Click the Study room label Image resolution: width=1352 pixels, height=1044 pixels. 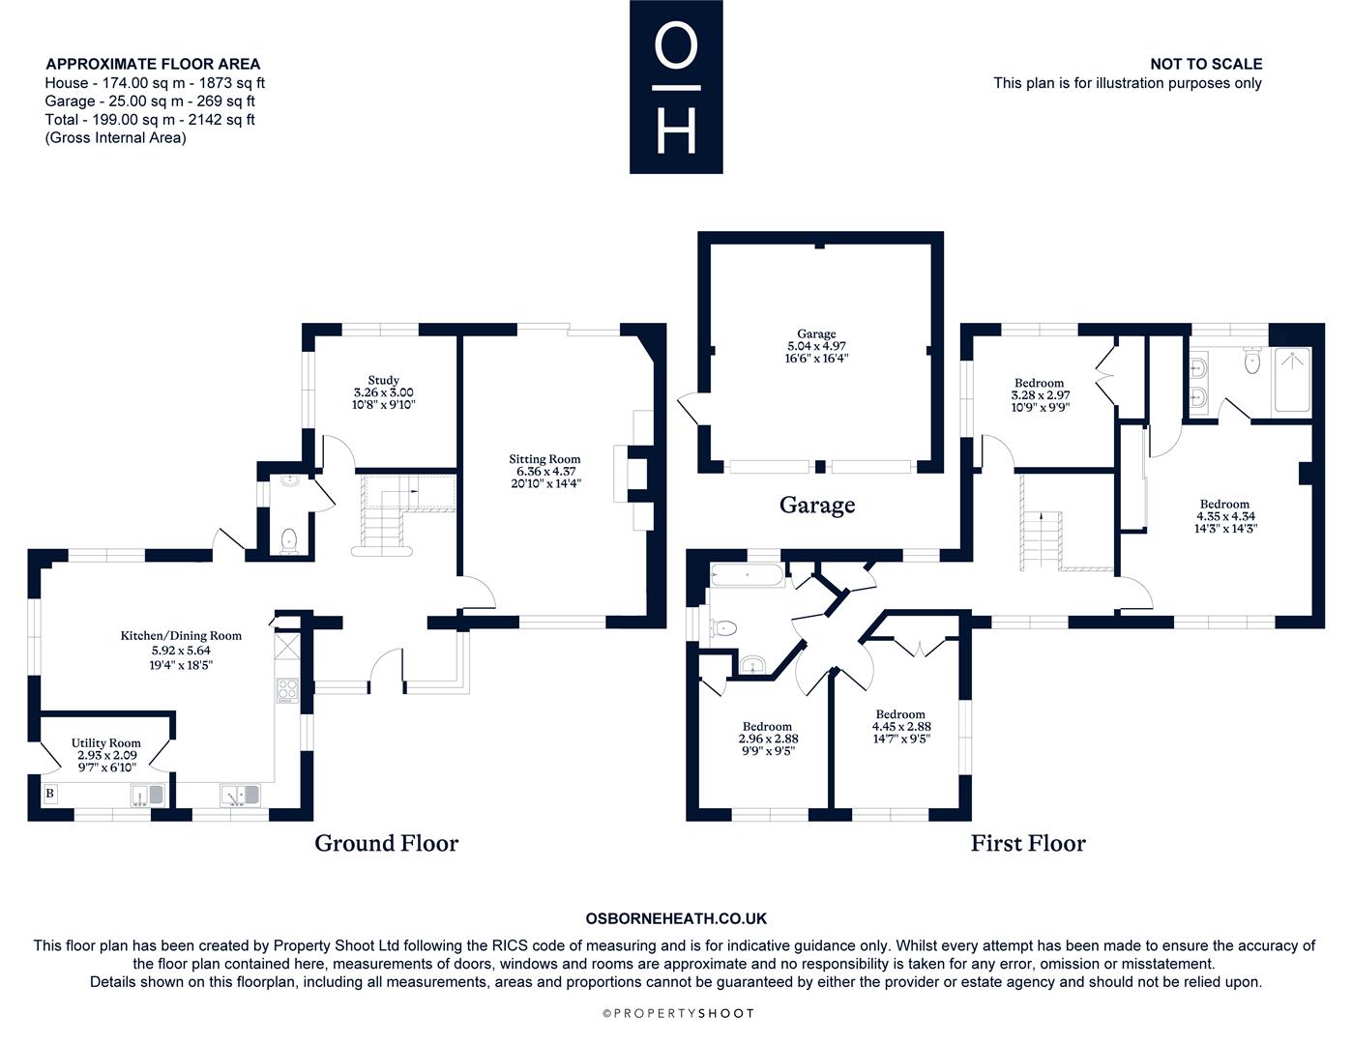[x=383, y=380]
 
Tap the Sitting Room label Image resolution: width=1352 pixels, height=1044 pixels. [x=545, y=459]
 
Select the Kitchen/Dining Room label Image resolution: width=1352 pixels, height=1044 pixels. [x=181, y=636]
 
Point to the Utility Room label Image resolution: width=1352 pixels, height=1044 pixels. [x=106, y=743]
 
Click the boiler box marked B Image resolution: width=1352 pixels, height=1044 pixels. [x=50, y=794]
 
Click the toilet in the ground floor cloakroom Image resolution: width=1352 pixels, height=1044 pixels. [x=287, y=540]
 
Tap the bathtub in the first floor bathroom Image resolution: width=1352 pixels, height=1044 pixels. [x=747, y=576]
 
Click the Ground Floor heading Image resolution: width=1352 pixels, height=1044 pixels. [x=386, y=843]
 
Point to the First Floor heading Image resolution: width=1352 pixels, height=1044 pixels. [x=1028, y=843]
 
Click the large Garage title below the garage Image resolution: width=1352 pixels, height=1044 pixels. [x=817, y=505]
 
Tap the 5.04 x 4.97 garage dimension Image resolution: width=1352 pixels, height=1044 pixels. [x=817, y=346]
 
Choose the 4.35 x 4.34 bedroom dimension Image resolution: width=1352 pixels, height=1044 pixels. [x=1225, y=516]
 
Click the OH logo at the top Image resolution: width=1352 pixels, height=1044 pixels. [x=676, y=87]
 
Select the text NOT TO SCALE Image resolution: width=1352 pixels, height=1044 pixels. [x=1205, y=64]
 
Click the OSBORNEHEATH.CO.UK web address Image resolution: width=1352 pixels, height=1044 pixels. [x=676, y=919]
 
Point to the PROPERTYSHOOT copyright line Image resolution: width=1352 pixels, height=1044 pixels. [x=677, y=1013]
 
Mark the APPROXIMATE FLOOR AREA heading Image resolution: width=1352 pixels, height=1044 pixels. [x=153, y=64]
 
